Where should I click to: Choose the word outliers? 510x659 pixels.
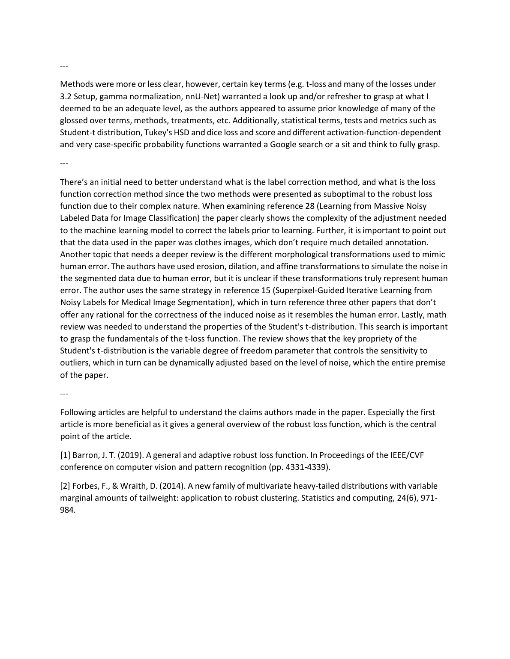tap(75, 362)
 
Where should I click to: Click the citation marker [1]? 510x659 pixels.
tap(65, 455)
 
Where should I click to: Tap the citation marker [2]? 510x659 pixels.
tap(65, 486)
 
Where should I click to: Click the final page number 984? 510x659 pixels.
tap(68, 510)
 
